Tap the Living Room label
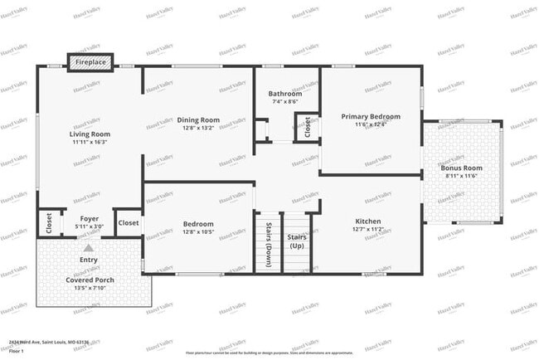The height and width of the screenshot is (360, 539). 90,134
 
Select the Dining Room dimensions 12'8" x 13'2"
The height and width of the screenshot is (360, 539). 199,129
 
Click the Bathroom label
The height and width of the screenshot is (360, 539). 285,94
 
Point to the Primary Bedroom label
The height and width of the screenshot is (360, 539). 371,116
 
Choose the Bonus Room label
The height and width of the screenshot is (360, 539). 461,168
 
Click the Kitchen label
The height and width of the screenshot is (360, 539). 368,221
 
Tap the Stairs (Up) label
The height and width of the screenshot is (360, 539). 296,241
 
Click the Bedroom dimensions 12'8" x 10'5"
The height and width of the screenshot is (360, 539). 199,232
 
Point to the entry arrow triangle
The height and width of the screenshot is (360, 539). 89,246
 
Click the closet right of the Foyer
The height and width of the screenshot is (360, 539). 129,222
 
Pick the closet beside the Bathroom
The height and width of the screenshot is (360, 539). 307,127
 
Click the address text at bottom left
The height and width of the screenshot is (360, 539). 49,341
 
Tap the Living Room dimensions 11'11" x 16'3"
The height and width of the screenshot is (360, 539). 90,142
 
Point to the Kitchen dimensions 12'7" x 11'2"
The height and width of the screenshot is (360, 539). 368,229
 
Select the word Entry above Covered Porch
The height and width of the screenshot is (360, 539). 89,260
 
